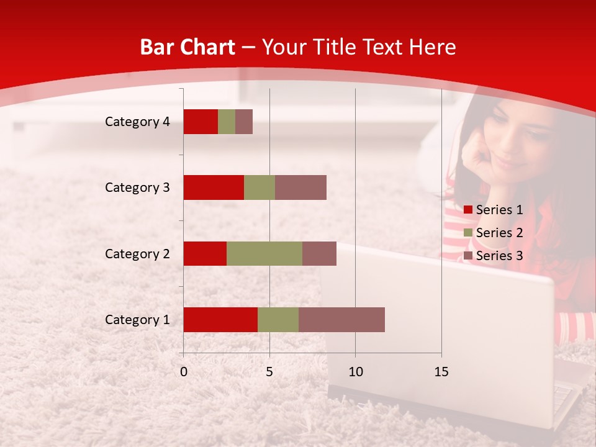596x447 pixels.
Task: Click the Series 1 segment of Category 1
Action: pos(220,320)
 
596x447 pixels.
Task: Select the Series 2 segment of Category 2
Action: pos(264,253)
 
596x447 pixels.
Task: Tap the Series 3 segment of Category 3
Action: pos(300,187)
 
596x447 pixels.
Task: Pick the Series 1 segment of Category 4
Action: pos(201,122)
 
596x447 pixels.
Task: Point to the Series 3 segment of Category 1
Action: pos(341,320)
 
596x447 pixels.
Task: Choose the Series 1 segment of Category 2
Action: pos(205,253)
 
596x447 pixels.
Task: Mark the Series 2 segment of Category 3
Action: pos(260,187)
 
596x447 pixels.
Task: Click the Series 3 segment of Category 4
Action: pos(244,122)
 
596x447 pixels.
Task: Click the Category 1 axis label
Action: pos(137,320)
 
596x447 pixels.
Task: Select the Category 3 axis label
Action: pos(137,187)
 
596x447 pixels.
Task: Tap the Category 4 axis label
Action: pos(137,122)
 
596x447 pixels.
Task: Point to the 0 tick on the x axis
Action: pos(183,372)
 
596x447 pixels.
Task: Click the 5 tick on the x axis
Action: pos(269,372)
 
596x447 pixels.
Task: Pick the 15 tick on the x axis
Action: pos(441,372)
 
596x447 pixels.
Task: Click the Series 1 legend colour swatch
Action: pos(468,210)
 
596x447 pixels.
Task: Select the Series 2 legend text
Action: pos(499,233)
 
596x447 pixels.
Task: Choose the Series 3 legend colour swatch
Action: pos(468,256)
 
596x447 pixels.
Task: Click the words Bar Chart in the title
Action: pos(187,47)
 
